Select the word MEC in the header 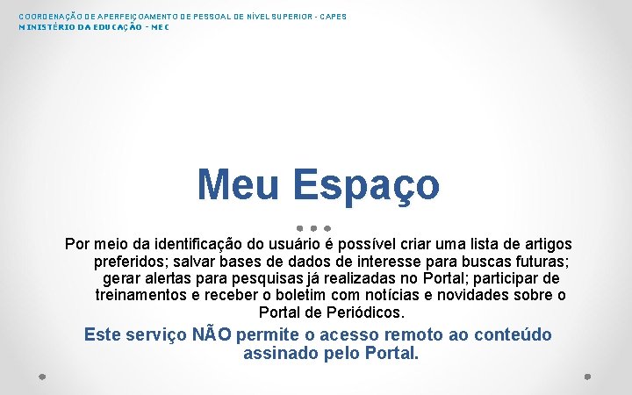pos(159,27)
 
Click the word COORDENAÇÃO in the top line pos(47,17)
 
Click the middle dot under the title pos(313,227)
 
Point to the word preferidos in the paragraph pos(130,262)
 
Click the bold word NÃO pos(212,334)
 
